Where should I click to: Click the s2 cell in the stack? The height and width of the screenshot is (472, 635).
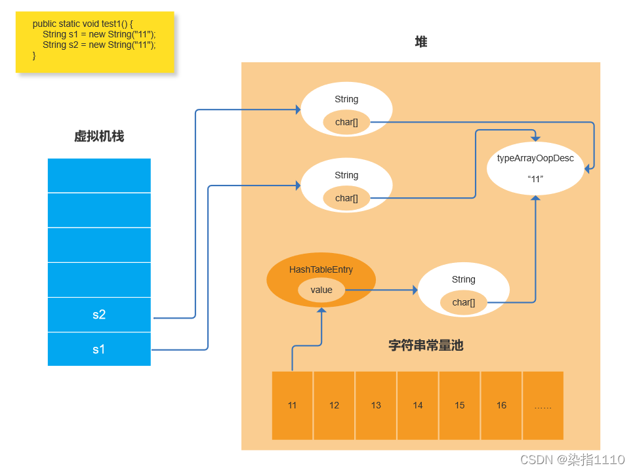click(99, 315)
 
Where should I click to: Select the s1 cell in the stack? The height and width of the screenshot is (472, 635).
click(99, 349)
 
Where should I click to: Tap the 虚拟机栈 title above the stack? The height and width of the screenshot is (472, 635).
click(99, 136)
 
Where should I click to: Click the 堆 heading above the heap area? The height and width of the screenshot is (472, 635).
click(421, 42)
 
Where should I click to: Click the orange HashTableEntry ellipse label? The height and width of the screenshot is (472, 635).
click(321, 269)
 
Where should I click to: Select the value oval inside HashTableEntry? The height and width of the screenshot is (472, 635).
click(321, 290)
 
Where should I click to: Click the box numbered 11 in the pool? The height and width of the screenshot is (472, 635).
click(293, 405)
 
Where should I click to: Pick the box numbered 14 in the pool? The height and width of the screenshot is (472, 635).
click(418, 405)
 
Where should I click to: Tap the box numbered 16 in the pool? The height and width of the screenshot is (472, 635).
click(501, 405)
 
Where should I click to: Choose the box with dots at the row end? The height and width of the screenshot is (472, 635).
click(543, 405)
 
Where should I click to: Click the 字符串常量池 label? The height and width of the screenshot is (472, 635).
click(426, 345)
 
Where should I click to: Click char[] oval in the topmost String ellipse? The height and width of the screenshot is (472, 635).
click(346, 122)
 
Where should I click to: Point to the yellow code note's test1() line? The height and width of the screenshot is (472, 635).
click(83, 24)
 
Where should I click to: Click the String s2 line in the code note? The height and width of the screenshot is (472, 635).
click(99, 45)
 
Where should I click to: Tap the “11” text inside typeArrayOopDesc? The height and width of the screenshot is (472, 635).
click(535, 179)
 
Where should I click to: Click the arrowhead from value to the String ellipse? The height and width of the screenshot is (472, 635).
click(415, 290)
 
